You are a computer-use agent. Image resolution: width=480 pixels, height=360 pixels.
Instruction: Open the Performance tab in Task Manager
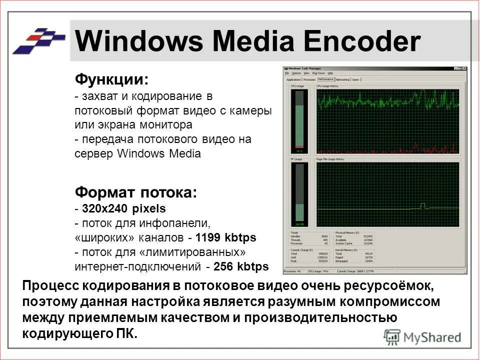pos(325,79)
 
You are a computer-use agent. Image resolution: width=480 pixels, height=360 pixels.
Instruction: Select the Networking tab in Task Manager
pos(342,79)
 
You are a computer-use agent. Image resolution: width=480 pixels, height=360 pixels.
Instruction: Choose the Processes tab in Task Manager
pos(309,79)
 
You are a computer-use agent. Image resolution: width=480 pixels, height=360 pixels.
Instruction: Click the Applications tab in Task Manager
pos(293,79)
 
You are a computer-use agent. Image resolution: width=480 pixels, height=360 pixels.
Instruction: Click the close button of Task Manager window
pos(464,68)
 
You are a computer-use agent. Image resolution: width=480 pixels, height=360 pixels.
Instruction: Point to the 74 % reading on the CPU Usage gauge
pos(299,150)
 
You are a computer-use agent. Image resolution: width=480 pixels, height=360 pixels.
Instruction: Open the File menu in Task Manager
pos(286,73)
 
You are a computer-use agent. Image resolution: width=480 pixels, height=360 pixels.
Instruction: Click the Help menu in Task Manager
pos(330,73)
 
